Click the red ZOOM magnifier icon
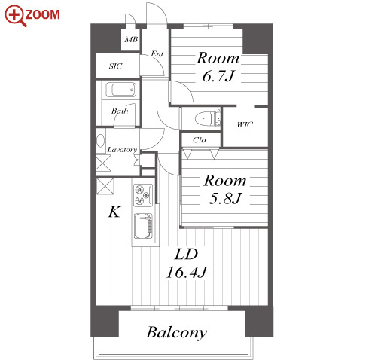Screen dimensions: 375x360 tap(15, 16)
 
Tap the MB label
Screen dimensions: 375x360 tap(131, 39)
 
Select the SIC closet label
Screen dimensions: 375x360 tap(115, 66)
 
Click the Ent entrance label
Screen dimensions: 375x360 tap(157, 53)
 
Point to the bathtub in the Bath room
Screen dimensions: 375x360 tap(120, 90)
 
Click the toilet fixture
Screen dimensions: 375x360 tap(208, 118)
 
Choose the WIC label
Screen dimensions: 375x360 tap(245, 124)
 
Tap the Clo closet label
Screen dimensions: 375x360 tap(200, 140)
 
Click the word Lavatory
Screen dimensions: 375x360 tap(122, 150)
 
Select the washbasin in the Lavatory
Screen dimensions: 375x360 tap(101, 141)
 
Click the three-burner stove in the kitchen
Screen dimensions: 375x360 tap(143, 195)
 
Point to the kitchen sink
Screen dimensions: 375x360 tap(143, 226)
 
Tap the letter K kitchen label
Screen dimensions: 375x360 tap(114, 212)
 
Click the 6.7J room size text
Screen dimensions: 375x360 tap(218, 76)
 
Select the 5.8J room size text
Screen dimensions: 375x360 tap(225, 199)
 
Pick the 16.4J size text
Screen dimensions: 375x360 tap(187, 272)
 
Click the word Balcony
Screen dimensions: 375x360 tap(176, 332)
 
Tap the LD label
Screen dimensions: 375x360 tap(186, 254)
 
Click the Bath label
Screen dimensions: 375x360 tap(120, 111)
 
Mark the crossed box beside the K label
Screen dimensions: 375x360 tap(105, 187)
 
